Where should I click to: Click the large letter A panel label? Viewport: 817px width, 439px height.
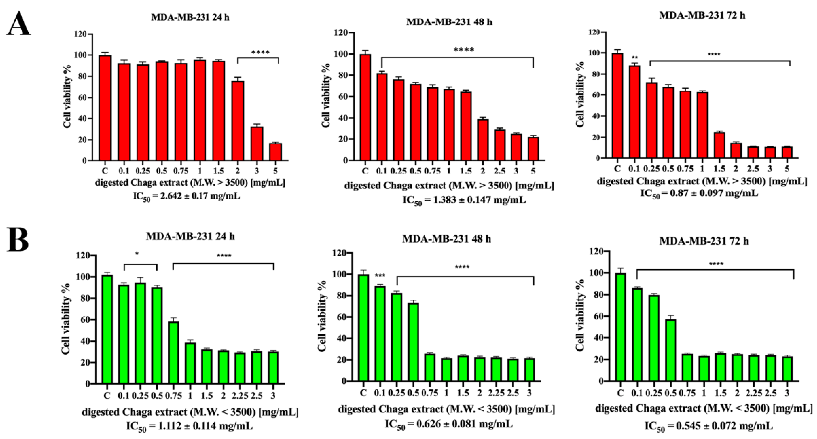click(18, 24)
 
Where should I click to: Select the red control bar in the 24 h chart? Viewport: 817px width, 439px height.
click(105, 108)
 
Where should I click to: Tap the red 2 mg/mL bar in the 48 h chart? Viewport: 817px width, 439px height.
click(483, 140)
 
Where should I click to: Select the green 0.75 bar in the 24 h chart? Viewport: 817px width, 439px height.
click(173, 353)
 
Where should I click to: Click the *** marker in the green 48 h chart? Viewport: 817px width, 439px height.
click(380, 275)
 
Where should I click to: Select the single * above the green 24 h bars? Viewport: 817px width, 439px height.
click(137, 254)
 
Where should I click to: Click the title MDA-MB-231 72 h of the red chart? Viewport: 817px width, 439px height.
click(702, 15)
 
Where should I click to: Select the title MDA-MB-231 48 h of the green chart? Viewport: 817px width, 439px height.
click(446, 239)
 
